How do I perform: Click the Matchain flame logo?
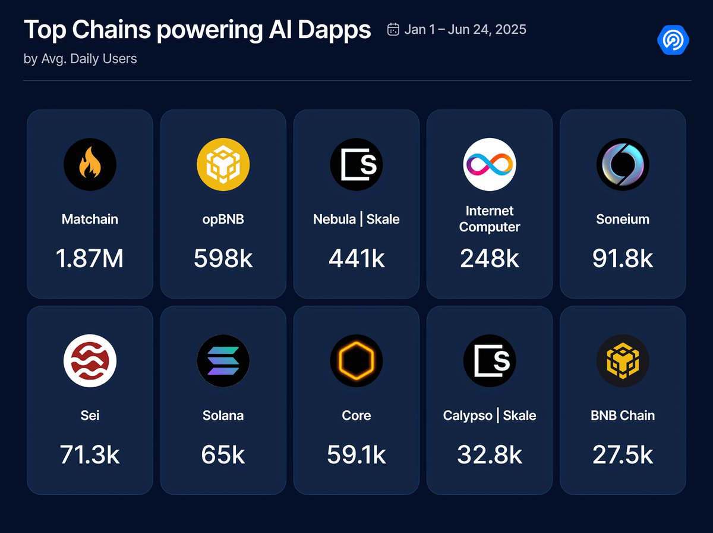pos(90,164)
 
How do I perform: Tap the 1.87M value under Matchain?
pos(90,259)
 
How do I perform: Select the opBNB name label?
pos(223,220)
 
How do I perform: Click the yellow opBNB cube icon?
pos(223,164)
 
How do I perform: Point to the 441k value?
pos(356,259)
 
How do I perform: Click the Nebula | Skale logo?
pos(356,164)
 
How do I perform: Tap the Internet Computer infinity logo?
pos(490,164)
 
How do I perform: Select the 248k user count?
pos(490,259)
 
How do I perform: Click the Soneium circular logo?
pos(623,164)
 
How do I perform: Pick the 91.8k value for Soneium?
pos(623,259)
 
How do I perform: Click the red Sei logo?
pos(90,360)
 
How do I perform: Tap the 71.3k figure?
pos(90,455)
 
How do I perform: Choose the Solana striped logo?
pos(223,360)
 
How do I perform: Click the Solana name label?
pos(223,416)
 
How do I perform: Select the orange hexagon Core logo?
pos(356,360)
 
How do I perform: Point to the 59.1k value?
pos(356,455)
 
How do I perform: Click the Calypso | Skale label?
pos(490,416)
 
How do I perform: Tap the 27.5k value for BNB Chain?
pos(623,455)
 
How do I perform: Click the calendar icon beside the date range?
pos(393,29)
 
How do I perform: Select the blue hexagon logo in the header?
pos(673,39)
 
